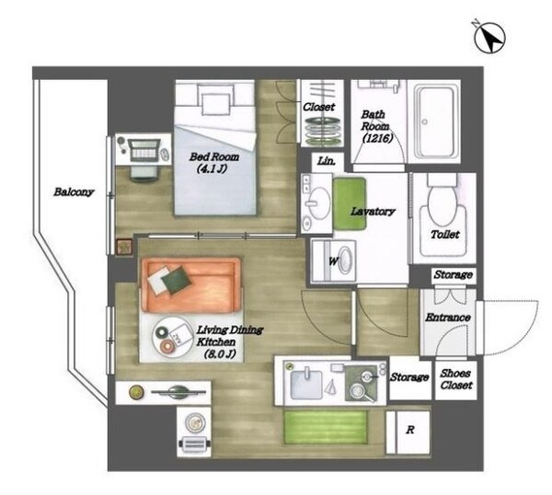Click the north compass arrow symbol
tap(489, 38)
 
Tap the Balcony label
tap(74, 192)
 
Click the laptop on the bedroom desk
tap(144, 149)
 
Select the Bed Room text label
tap(214, 156)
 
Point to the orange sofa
tap(192, 285)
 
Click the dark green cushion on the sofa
tap(176, 280)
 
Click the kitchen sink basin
tap(306, 385)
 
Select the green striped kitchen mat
tap(326, 427)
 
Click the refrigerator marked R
tap(408, 432)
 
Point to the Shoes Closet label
tap(456, 379)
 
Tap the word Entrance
tap(447, 317)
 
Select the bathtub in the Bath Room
tap(433, 121)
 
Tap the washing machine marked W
tap(333, 261)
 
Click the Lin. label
tap(326, 162)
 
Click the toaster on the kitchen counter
tap(195, 444)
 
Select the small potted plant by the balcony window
tap(124, 247)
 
